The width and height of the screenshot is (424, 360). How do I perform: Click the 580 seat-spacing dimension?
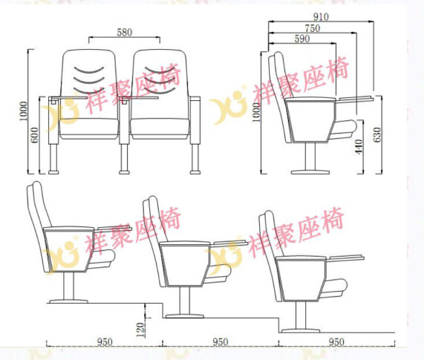click(x=125, y=33)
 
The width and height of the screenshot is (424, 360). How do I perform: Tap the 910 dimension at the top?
click(x=321, y=17)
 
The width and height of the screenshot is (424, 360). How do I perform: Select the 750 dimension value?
click(x=313, y=28)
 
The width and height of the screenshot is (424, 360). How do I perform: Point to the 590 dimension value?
click(x=302, y=39)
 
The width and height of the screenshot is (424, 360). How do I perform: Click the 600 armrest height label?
click(x=35, y=134)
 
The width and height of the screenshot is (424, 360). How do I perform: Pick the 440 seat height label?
click(x=359, y=147)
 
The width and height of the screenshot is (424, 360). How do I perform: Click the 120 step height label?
click(x=140, y=330)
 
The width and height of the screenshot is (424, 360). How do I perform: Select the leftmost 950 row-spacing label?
click(x=105, y=342)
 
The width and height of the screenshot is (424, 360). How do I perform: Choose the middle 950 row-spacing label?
click(x=220, y=342)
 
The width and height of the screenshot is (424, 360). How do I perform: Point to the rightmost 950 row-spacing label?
click(x=336, y=342)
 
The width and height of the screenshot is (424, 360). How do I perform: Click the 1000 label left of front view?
click(x=24, y=111)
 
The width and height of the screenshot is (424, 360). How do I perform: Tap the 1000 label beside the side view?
click(x=255, y=112)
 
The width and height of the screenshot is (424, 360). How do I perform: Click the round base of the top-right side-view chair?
click(x=310, y=172)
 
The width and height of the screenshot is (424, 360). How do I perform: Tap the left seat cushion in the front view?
click(x=89, y=128)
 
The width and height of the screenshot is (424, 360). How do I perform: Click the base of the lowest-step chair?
click(x=300, y=330)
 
